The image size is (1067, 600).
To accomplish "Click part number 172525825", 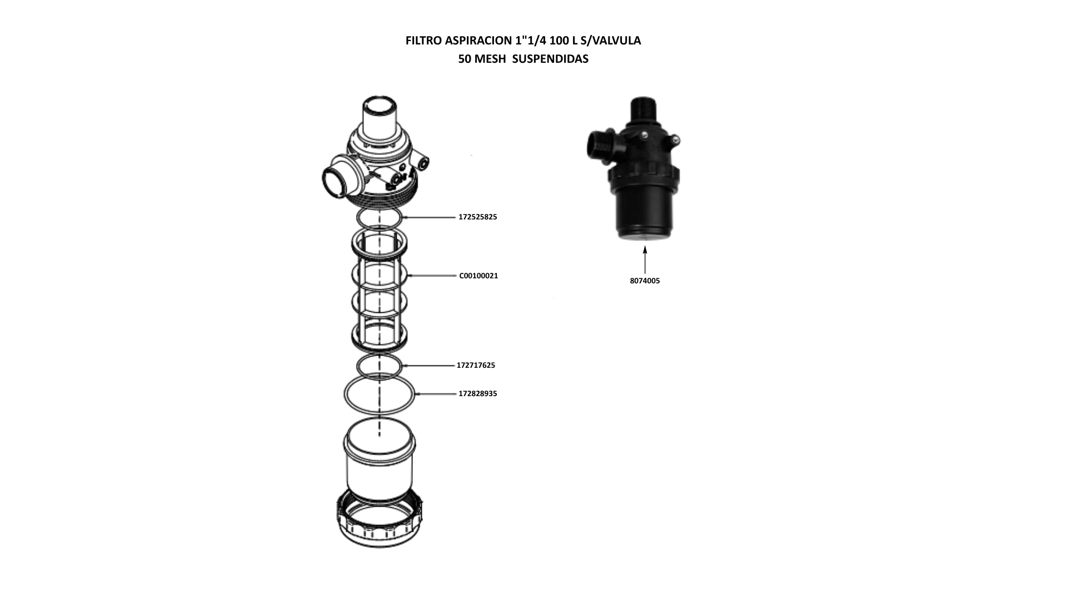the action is tap(477, 217).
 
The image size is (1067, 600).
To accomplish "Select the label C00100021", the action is tap(478, 276).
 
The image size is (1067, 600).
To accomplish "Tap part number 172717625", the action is tap(476, 366).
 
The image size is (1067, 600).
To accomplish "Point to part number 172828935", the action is tap(477, 394).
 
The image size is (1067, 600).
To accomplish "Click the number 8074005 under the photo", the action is tap(645, 281).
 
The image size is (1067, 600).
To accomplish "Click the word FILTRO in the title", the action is tap(424, 41).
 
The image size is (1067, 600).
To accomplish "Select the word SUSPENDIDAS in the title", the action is tap(550, 59).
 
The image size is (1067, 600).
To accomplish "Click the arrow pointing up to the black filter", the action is tap(645, 259).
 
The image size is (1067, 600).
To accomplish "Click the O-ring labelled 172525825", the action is tap(379, 209).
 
